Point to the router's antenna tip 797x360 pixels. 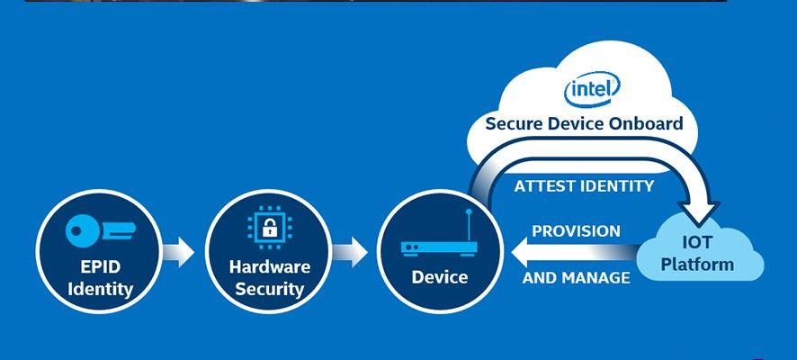pos(470,212)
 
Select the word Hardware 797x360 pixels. pos(269,266)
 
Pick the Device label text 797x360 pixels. pos(440,276)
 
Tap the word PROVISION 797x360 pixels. pos(576,231)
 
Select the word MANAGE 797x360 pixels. pos(595,278)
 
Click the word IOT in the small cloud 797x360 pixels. pos(698,242)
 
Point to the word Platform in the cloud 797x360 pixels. pos(698,265)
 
